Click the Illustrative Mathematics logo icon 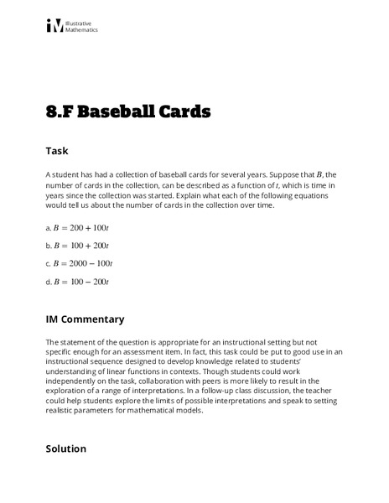pos(54,27)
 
